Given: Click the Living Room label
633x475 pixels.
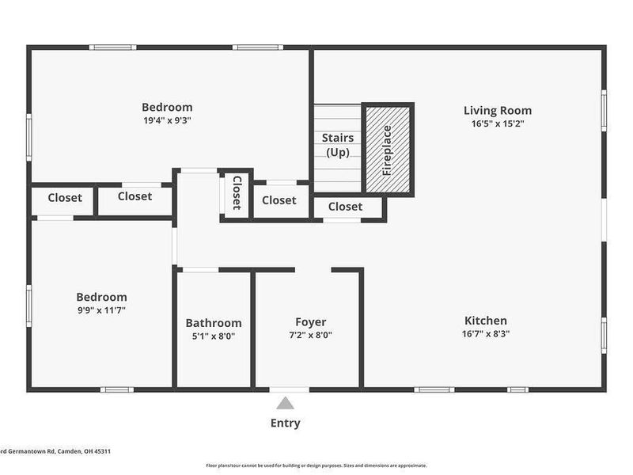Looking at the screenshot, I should pos(497,111).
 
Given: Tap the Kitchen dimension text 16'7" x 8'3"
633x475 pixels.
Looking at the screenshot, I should pos(485,334).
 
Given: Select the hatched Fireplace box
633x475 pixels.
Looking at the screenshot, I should pos(388,149).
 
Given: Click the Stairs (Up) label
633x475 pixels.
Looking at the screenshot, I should pos(338,145).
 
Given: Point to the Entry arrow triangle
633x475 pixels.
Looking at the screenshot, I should pos(285,403).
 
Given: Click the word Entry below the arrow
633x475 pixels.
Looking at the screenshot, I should pos(285,423).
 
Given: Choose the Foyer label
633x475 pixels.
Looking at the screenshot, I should pos(310,322).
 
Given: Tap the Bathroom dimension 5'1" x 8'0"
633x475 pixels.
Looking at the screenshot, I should pos(214,336).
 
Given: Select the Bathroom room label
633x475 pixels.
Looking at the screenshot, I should pos(214,323).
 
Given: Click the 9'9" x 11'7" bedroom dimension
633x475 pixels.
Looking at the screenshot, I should pos(101,310).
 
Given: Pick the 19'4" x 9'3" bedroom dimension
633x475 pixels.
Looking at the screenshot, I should pos(167,120).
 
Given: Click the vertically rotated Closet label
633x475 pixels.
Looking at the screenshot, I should pos(236,193).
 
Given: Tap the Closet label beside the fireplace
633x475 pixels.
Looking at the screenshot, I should pos(345,207).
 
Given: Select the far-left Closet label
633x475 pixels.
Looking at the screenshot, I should pos(64,198).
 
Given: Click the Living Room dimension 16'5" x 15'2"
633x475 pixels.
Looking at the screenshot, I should pos(497,123).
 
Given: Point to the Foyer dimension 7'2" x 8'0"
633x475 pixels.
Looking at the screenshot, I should pos(310,335).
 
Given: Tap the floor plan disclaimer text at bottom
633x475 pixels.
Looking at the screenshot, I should pos(316,465).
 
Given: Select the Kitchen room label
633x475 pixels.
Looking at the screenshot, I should pos(485,321).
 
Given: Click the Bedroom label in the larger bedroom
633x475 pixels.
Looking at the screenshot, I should pos(167,108).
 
